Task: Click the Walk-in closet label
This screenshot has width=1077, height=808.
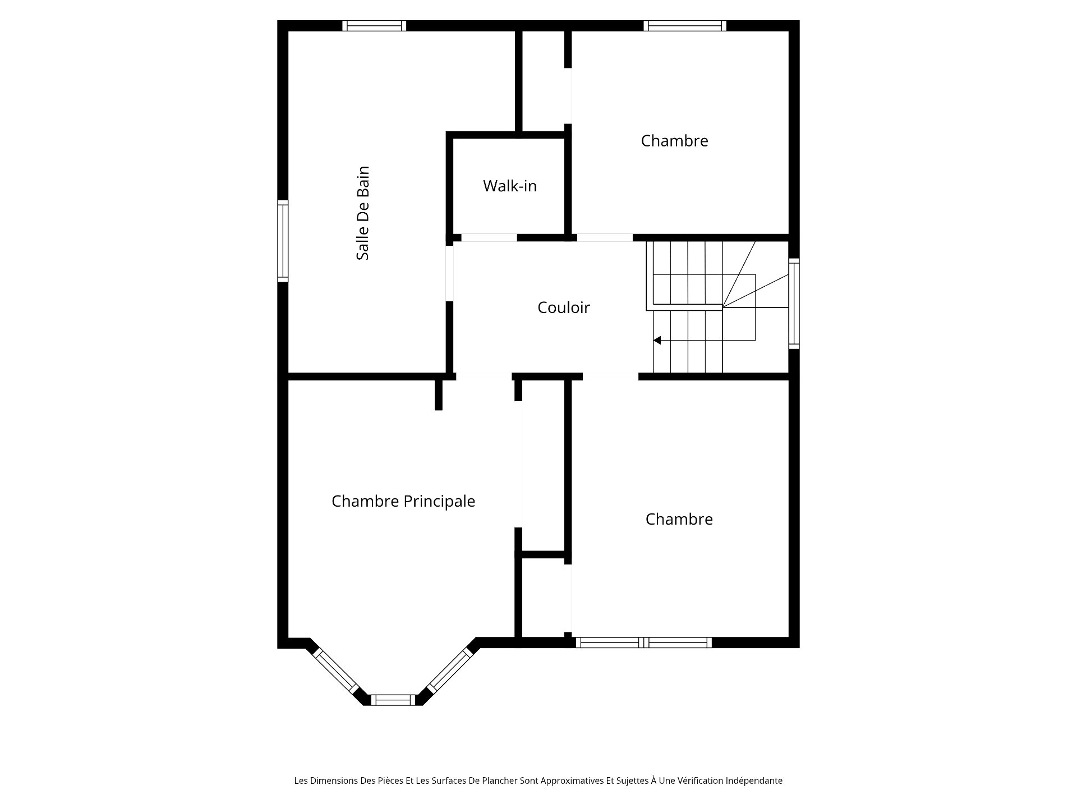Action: (x=510, y=186)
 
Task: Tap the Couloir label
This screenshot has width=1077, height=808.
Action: (x=564, y=307)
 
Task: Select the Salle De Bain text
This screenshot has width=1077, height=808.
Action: (x=363, y=213)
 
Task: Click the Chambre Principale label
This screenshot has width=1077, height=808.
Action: (x=403, y=501)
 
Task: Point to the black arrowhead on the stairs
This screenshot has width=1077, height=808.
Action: (x=657, y=340)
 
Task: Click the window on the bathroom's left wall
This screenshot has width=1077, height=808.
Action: (x=283, y=241)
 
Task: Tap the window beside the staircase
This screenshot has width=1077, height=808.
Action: (x=794, y=304)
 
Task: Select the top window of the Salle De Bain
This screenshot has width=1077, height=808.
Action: (x=374, y=26)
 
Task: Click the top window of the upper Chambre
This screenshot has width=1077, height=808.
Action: (x=685, y=26)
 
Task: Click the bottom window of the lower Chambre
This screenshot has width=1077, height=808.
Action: (x=643, y=642)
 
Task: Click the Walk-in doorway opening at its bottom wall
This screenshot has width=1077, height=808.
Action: (x=489, y=237)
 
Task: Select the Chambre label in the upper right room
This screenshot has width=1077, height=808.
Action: (x=674, y=141)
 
